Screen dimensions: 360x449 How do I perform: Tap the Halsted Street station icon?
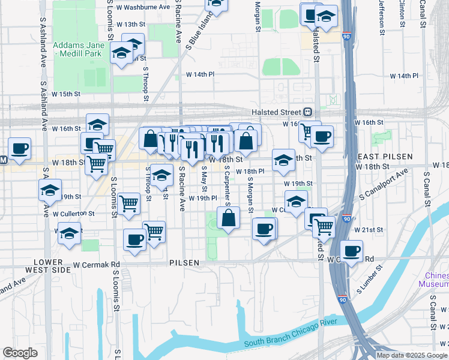click(307, 112)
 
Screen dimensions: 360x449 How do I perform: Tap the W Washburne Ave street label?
click(144, 7)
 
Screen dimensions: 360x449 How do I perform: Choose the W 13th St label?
click(131, 24)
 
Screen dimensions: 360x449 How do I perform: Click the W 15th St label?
click(66, 94)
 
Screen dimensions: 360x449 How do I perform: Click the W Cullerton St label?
click(73, 214)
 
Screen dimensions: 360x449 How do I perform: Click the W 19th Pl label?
click(202, 198)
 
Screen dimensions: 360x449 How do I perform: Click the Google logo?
click(20, 353)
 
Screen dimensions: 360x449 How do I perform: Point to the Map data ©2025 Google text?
click(412, 355)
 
